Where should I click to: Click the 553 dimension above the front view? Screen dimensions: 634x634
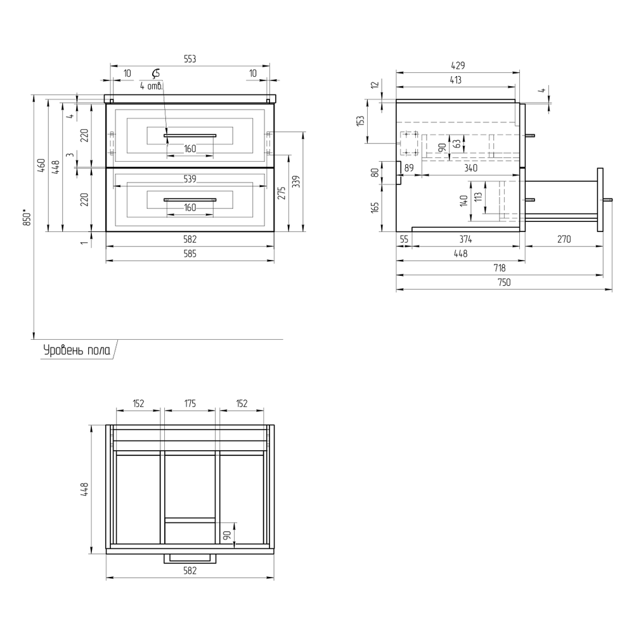190,59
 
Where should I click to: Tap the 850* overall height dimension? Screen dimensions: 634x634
27,217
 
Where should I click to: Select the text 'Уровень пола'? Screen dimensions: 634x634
77,350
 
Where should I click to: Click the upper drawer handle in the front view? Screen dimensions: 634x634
190,136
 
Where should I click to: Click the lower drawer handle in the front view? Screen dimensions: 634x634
190,200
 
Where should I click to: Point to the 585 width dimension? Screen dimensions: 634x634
190,254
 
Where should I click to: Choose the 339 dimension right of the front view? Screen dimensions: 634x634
296,181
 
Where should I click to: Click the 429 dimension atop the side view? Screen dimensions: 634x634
458,65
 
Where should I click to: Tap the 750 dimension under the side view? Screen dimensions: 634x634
504,282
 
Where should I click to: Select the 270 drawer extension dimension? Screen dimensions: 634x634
564,240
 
